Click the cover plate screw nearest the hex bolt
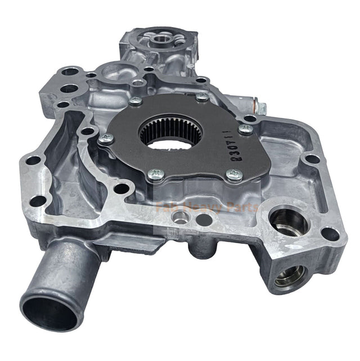pos(246,128)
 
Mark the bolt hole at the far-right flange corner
pos(331,233)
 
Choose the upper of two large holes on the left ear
pos(69,72)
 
